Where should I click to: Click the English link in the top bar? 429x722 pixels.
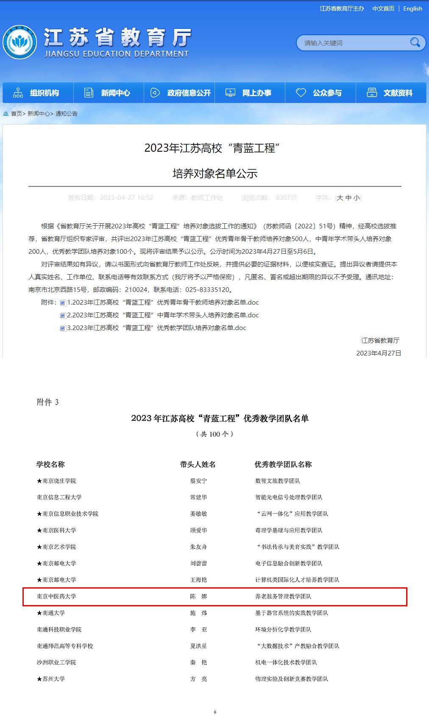pos(412,8)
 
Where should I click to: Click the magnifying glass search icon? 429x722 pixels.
pos(415,42)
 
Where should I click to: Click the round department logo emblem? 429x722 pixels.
pos(19,42)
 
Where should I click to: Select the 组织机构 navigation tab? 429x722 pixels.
pos(38,93)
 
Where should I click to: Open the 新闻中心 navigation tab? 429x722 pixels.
pos(109,93)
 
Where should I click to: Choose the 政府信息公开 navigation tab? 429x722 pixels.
pos(179,93)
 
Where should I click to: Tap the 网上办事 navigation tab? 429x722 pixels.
pos(250,93)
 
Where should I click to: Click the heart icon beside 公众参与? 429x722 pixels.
pos(301,93)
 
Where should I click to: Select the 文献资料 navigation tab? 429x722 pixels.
pos(391,93)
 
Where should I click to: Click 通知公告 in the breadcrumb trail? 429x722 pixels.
pos(66,114)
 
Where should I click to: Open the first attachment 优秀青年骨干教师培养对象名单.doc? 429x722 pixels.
pos(163,303)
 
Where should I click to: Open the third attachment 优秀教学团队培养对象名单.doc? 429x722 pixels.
pos(156,328)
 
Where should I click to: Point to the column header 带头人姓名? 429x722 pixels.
pos(198,464)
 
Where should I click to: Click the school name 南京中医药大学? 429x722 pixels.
pos(56,597)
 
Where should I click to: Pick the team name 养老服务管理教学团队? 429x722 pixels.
pos(283,597)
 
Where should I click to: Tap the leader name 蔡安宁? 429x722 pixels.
pos(198,481)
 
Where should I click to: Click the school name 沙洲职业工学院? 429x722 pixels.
pos(56,663)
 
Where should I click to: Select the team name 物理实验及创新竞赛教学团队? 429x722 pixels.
pos(291,679)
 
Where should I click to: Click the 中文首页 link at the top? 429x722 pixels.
pos(383,8)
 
